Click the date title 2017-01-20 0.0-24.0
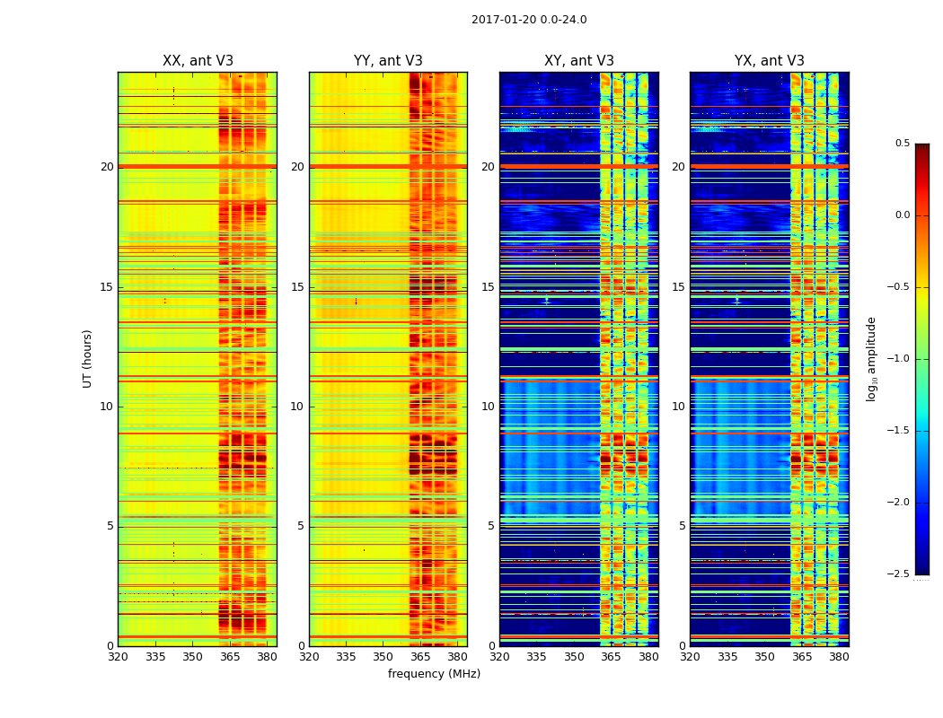[529, 20]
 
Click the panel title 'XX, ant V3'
[198, 61]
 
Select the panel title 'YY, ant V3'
[388, 61]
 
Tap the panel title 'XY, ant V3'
[579, 61]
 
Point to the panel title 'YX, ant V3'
[770, 61]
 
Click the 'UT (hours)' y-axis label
[88, 358]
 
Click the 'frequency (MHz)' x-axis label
[434, 674]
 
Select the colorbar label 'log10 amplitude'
[870, 358]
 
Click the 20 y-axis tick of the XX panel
[107, 167]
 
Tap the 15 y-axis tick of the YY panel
[297, 287]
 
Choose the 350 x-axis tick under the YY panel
[383, 657]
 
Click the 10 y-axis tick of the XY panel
[488, 407]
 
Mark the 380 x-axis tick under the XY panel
[648, 657]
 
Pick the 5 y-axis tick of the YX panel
[682, 526]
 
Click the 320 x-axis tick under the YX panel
[690, 657]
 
